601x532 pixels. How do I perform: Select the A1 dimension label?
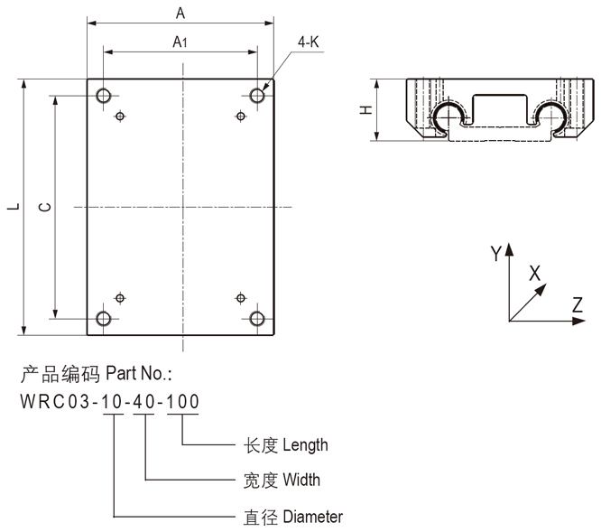click(x=180, y=41)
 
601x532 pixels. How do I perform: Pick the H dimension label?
click(x=365, y=109)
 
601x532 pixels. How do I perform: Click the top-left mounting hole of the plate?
click(x=104, y=95)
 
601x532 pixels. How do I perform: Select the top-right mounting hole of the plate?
click(x=258, y=95)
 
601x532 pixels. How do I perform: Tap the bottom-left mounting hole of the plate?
click(x=104, y=318)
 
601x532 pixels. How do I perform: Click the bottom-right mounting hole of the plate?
click(x=258, y=318)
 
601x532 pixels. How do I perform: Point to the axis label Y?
click(x=495, y=254)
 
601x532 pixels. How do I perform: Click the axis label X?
click(x=534, y=272)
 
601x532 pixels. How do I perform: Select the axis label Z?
click(x=578, y=304)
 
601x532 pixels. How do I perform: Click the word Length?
click(x=305, y=444)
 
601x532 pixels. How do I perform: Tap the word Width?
click(x=300, y=480)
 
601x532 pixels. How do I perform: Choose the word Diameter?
click(x=312, y=517)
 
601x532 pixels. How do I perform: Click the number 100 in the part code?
click(x=183, y=401)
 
